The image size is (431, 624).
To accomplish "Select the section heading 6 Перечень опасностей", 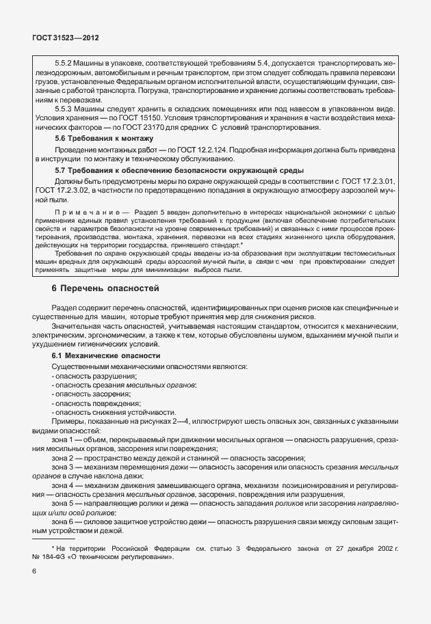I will point(105,289).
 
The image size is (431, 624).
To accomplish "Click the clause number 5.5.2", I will point(64,64).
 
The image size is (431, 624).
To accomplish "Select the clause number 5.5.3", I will point(64,109).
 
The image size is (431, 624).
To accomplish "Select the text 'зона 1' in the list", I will point(66,439).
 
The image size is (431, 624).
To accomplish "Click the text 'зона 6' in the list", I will point(66,521).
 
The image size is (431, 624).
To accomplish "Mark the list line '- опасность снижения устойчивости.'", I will point(111,412).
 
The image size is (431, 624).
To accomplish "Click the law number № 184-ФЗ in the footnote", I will point(56,556).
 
